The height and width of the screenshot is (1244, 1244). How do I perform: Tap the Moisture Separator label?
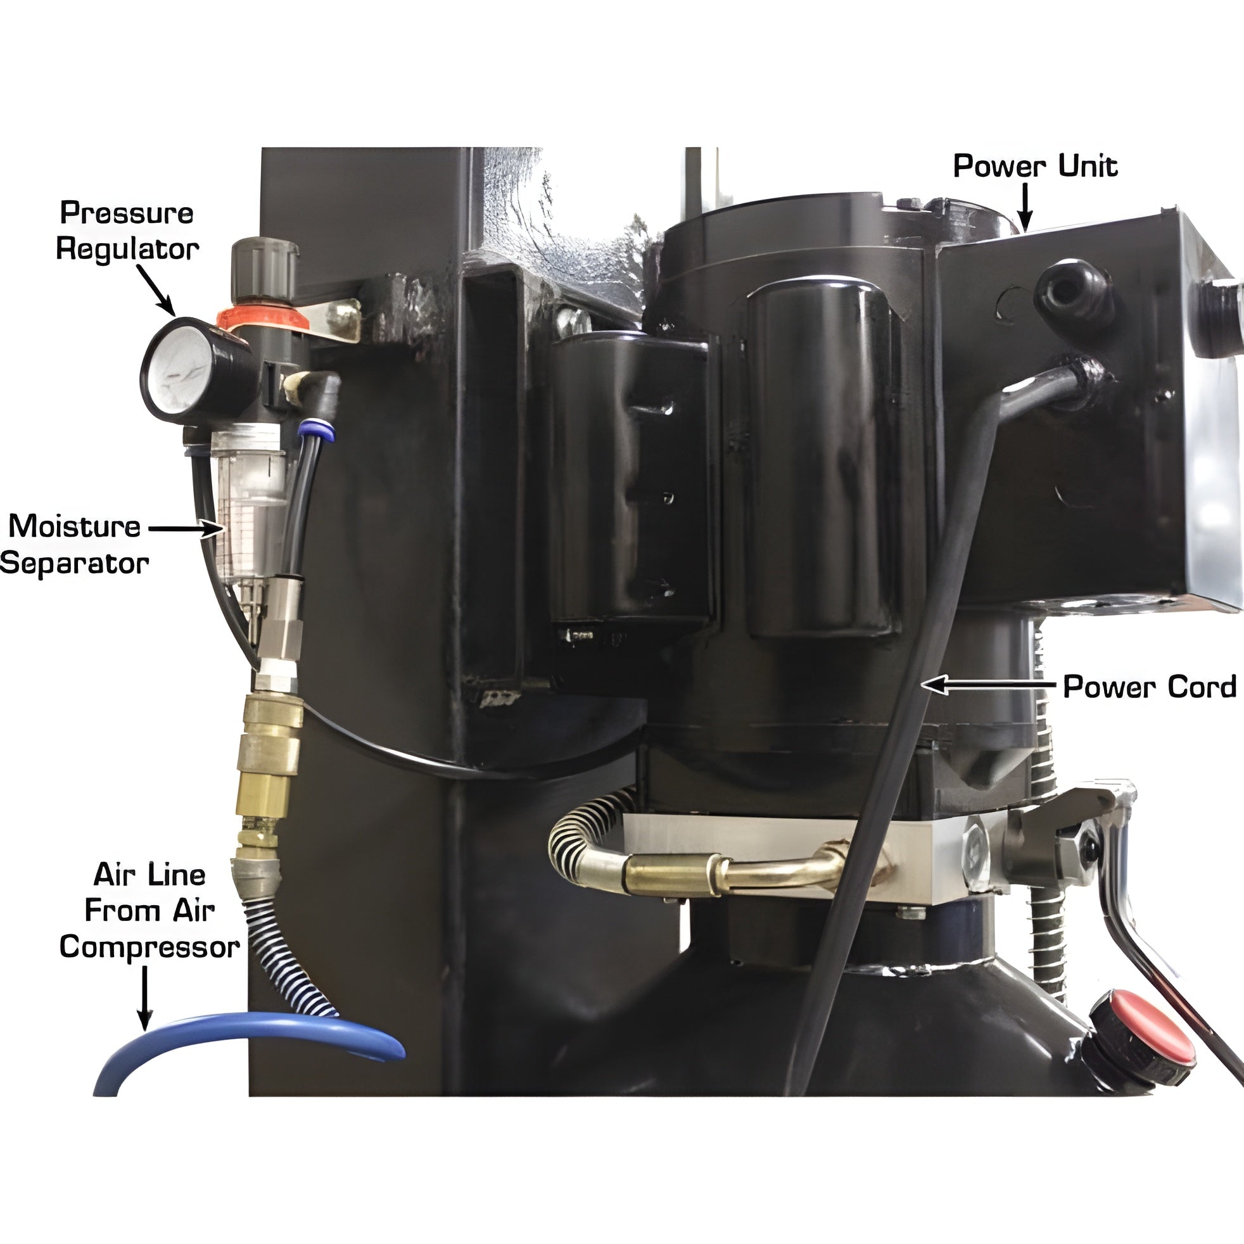(x=74, y=545)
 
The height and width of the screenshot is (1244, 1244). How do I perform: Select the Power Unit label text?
(x=1036, y=166)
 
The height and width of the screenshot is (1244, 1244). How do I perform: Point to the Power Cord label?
(x=1150, y=687)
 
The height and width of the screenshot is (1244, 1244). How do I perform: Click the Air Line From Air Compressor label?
(x=149, y=910)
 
